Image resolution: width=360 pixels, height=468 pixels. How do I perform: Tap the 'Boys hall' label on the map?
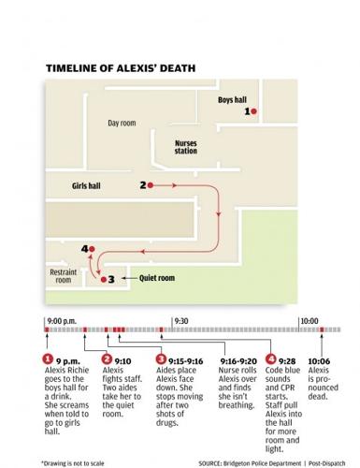231,99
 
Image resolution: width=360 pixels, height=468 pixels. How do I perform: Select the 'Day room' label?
122,124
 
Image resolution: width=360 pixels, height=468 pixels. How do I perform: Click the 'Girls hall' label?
86,186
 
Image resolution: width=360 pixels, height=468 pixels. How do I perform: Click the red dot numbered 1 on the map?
254,111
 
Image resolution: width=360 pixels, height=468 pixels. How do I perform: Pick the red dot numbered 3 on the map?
102,278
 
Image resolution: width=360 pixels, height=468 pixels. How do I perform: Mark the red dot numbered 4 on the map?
93,248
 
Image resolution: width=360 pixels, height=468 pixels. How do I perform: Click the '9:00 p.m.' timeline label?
59,321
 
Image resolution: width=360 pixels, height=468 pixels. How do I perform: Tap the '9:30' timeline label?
181,321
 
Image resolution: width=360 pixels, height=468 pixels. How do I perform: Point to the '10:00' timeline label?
308,321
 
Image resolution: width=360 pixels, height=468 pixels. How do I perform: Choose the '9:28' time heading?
266,360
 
